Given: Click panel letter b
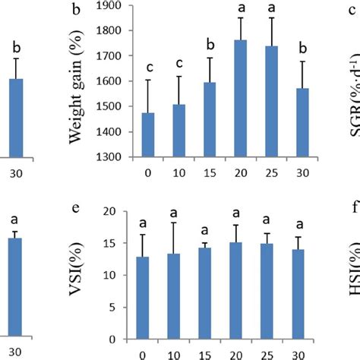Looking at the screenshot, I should (75, 10).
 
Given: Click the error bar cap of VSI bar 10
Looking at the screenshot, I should (171, 223).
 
